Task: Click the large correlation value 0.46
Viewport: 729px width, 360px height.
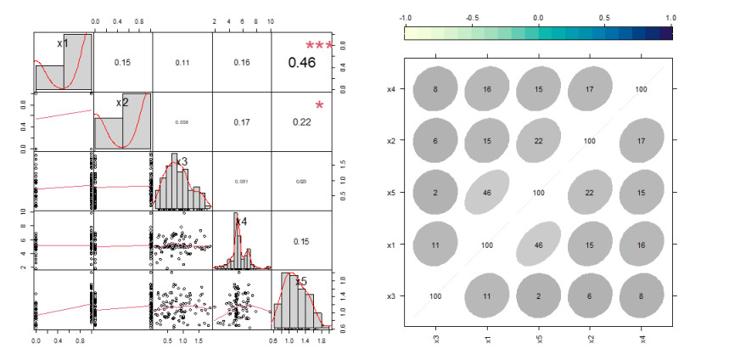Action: tap(301, 62)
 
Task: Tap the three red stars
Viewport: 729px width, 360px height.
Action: tap(320, 46)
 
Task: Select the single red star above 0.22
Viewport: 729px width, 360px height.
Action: tap(320, 105)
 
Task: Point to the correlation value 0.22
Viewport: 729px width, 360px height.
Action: tap(301, 121)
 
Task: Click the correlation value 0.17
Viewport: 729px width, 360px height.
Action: tap(242, 121)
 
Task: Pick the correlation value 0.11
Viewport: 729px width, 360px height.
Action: tap(182, 62)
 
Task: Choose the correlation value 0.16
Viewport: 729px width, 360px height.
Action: tap(242, 62)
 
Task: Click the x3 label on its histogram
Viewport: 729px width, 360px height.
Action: tap(182, 161)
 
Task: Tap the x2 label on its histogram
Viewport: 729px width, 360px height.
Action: tap(122, 103)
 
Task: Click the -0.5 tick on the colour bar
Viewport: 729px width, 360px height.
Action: tap(472, 17)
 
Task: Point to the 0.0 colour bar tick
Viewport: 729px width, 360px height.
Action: tap(538, 17)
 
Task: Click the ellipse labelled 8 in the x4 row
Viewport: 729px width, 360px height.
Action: tap(435, 87)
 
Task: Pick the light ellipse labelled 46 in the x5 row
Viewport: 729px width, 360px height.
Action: tap(487, 193)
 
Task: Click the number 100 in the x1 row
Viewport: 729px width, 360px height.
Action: tap(487, 245)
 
